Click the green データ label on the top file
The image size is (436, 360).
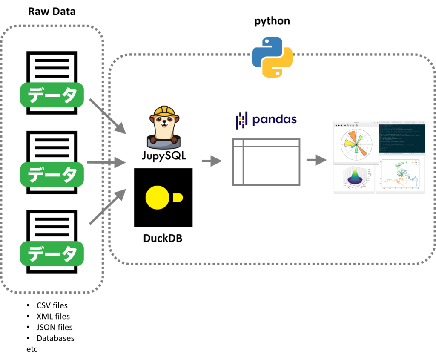point(52,95)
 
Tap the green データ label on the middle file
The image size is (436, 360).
point(52,174)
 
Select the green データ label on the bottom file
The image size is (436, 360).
point(52,254)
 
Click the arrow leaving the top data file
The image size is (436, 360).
point(107,115)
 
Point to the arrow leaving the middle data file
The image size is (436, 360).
point(106,162)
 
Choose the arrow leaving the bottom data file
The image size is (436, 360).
point(107,207)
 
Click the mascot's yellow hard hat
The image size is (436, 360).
point(164,112)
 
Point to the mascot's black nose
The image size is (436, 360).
point(164,121)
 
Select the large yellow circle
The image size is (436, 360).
point(158,197)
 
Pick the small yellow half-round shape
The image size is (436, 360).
point(178,197)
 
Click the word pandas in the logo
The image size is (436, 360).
point(274,120)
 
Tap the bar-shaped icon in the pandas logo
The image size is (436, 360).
point(242,120)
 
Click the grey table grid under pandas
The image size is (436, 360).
point(266,162)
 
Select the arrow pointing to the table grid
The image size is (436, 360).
point(212,161)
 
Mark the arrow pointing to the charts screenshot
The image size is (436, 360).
point(316,161)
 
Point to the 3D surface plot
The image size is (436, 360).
point(354,176)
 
